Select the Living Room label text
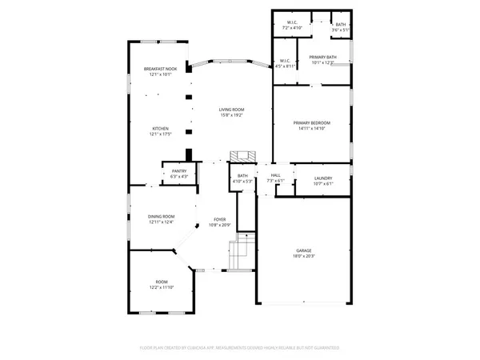tap(232, 110)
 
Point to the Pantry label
tap(179, 170)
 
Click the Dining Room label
tap(161, 216)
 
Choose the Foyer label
tap(219, 218)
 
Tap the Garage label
tap(304, 250)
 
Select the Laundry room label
tap(323, 178)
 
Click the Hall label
tap(275, 175)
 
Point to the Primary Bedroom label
tap(312, 122)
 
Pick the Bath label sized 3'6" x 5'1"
tap(341, 25)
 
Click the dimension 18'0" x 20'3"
tap(304, 256)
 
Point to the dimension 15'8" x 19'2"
tap(232, 115)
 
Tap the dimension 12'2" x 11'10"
tap(161, 287)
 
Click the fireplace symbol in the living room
tap(242, 155)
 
